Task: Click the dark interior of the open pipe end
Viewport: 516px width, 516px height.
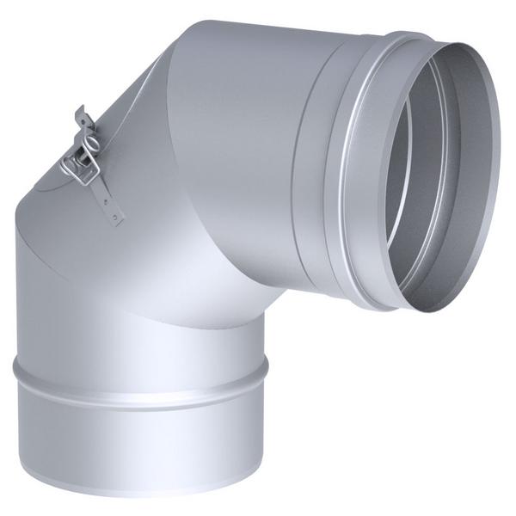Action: pyautogui.click(x=447, y=172)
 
